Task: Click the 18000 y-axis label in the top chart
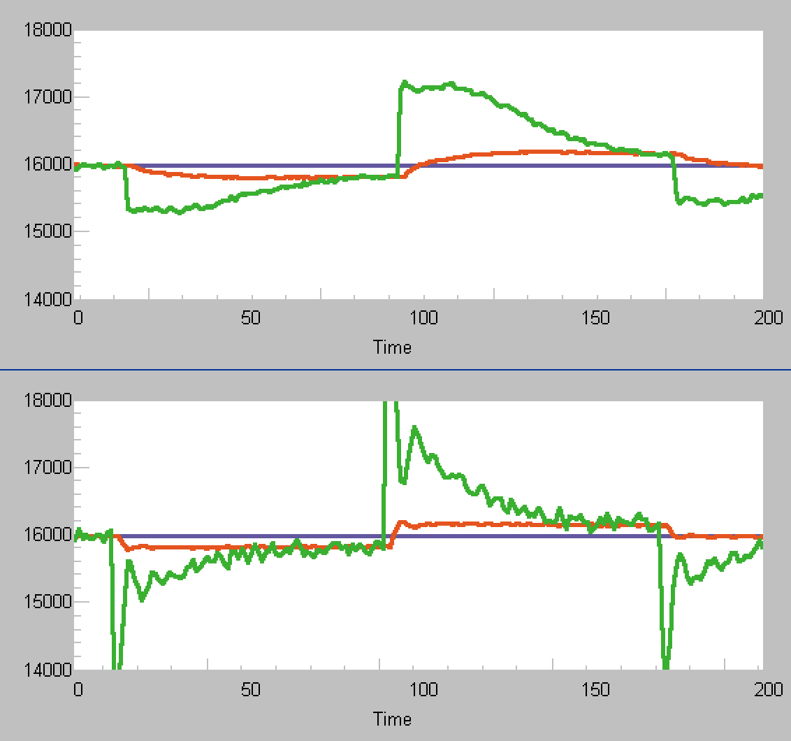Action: [x=48, y=30]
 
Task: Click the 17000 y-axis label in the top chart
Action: [x=48, y=97]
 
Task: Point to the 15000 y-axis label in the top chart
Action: [x=48, y=231]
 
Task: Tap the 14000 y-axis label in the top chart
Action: [x=48, y=298]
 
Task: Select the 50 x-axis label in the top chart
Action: [x=250, y=318]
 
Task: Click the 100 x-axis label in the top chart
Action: [x=423, y=318]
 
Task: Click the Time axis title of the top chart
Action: [x=392, y=347]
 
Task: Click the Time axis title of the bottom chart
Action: [x=392, y=719]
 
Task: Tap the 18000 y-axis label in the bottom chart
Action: [x=48, y=401]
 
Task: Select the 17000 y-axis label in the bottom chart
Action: [x=48, y=468]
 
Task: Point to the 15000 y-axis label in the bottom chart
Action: [x=48, y=602]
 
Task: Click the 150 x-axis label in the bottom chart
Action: [x=596, y=690]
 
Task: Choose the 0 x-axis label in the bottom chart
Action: [x=78, y=690]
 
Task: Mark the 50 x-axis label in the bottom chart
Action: [x=250, y=690]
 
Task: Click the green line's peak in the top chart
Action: [x=404, y=82]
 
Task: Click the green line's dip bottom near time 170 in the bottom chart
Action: [x=667, y=666]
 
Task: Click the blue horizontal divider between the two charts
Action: [x=395, y=368]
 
